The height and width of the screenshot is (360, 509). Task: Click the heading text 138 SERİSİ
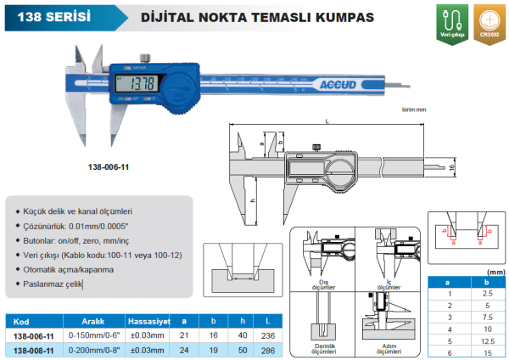click(x=52, y=15)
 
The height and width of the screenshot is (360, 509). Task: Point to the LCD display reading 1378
click(x=135, y=82)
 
